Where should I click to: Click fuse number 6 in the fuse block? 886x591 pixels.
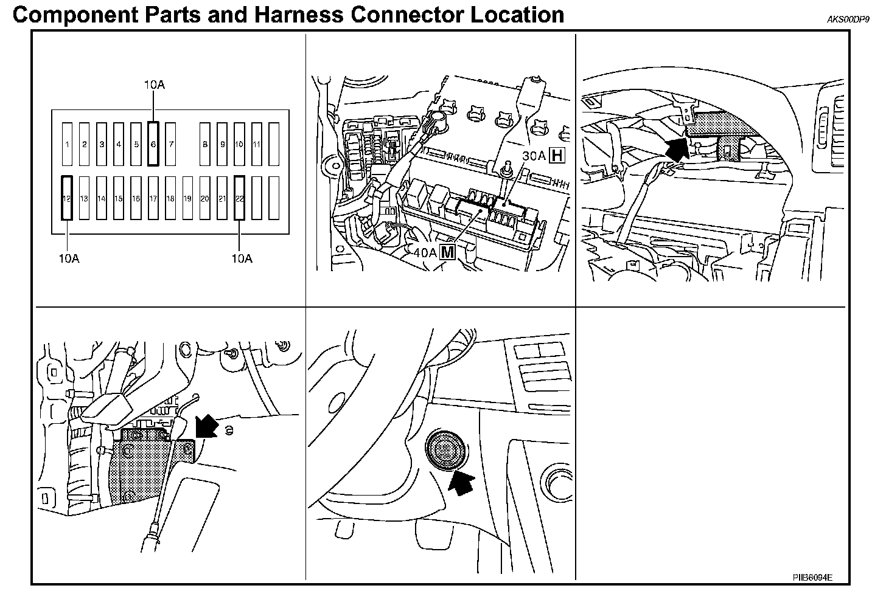coord(153,144)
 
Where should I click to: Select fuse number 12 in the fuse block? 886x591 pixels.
coord(67,198)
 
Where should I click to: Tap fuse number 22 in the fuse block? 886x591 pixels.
coord(240,198)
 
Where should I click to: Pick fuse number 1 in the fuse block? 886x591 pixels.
coord(67,144)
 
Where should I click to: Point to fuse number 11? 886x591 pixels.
coord(257,144)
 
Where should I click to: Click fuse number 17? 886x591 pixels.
coord(153,198)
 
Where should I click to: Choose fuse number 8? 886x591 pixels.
coord(205,144)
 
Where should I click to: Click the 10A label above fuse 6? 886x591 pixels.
coord(154,85)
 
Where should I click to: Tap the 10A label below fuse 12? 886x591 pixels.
coord(69,258)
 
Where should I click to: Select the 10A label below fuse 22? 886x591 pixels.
coord(242,258)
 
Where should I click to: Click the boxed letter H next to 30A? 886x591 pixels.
coord(556,156)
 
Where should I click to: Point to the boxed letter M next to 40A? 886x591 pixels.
coord(447,252)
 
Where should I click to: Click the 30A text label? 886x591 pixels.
coord(534,156)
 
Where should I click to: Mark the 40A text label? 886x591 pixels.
coord(425,252)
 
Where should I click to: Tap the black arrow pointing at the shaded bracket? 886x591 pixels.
coord(207,425)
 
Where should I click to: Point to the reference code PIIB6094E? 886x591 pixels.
coord(812,576)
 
